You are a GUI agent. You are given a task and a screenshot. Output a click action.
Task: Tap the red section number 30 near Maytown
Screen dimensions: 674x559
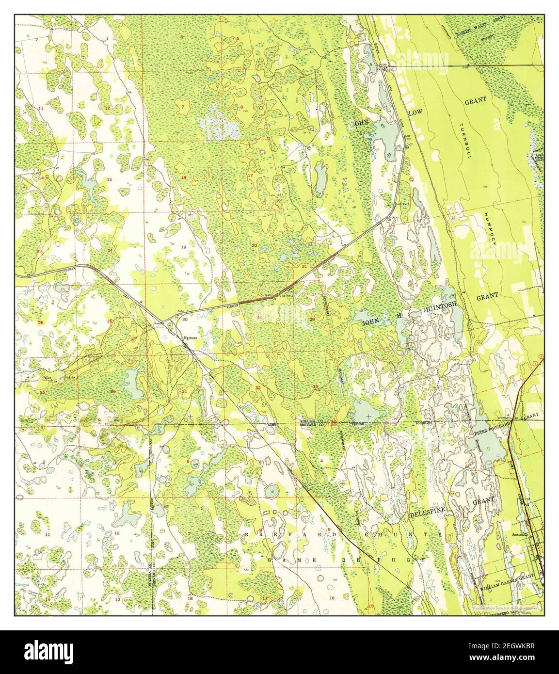pos(185,319)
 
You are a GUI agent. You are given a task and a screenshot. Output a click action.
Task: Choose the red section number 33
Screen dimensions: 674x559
pos(316,386)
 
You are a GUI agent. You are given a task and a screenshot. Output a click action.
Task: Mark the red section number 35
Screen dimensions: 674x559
pos(43,392)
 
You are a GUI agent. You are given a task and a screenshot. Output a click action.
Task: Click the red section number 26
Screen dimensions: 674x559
pos(41,322)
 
